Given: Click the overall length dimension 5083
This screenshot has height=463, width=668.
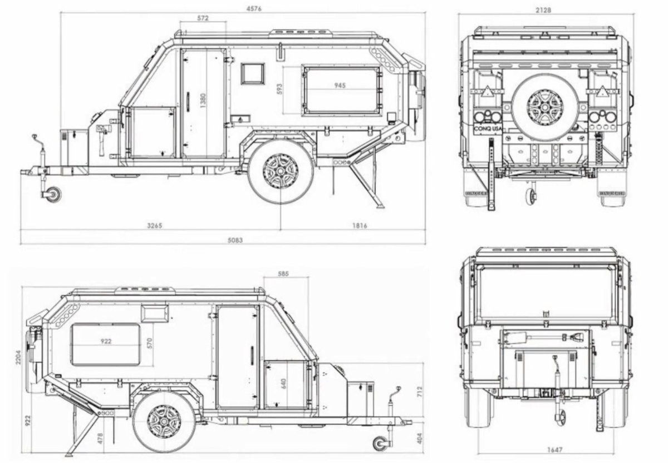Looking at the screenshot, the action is [223, 240].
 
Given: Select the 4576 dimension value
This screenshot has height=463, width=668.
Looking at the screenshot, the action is [256, 8].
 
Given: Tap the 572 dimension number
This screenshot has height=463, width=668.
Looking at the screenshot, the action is [203, 18].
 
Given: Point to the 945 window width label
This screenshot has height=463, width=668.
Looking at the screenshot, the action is [340, 86].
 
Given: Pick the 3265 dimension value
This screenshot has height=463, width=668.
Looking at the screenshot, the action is [154, 226].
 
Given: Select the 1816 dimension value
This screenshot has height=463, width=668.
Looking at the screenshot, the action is [360, 226].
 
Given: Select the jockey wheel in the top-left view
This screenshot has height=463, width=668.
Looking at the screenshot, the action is [54, 194].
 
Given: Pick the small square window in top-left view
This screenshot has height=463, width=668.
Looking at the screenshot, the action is [253, 73].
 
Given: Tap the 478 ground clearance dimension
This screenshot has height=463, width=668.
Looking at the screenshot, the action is [100, 437].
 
